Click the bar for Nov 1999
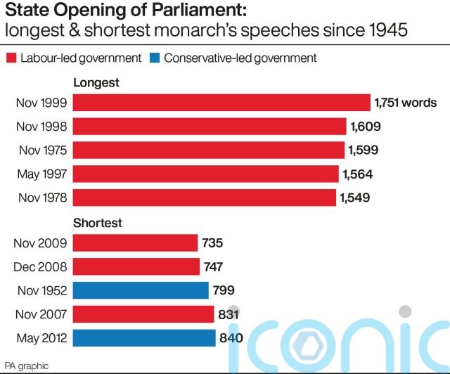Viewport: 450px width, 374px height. coord(221,103)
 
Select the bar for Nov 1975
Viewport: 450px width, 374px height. coord(209,150)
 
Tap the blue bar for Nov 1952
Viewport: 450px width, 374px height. coord(141,290)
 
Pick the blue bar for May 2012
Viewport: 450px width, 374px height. coord(144,338)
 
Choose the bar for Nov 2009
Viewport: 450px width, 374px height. coord(135,243)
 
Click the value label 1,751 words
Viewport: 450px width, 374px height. coord(406,103)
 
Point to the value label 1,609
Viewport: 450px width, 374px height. coord(368,127)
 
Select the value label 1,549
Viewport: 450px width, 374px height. coord(356,198)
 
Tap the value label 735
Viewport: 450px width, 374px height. coord(212,243)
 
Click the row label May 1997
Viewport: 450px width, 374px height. coord(41,174)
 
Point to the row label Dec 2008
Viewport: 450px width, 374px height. coord(41,266)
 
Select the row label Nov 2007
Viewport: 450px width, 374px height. coord(41,314)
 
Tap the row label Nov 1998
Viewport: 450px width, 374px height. coord(41,127)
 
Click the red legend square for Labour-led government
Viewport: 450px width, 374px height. coord(11,58)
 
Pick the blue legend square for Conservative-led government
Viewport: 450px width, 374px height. coord(154,58)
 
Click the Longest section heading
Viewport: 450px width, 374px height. coord(96,83)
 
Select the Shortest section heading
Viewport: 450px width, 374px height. coord(98,223)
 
